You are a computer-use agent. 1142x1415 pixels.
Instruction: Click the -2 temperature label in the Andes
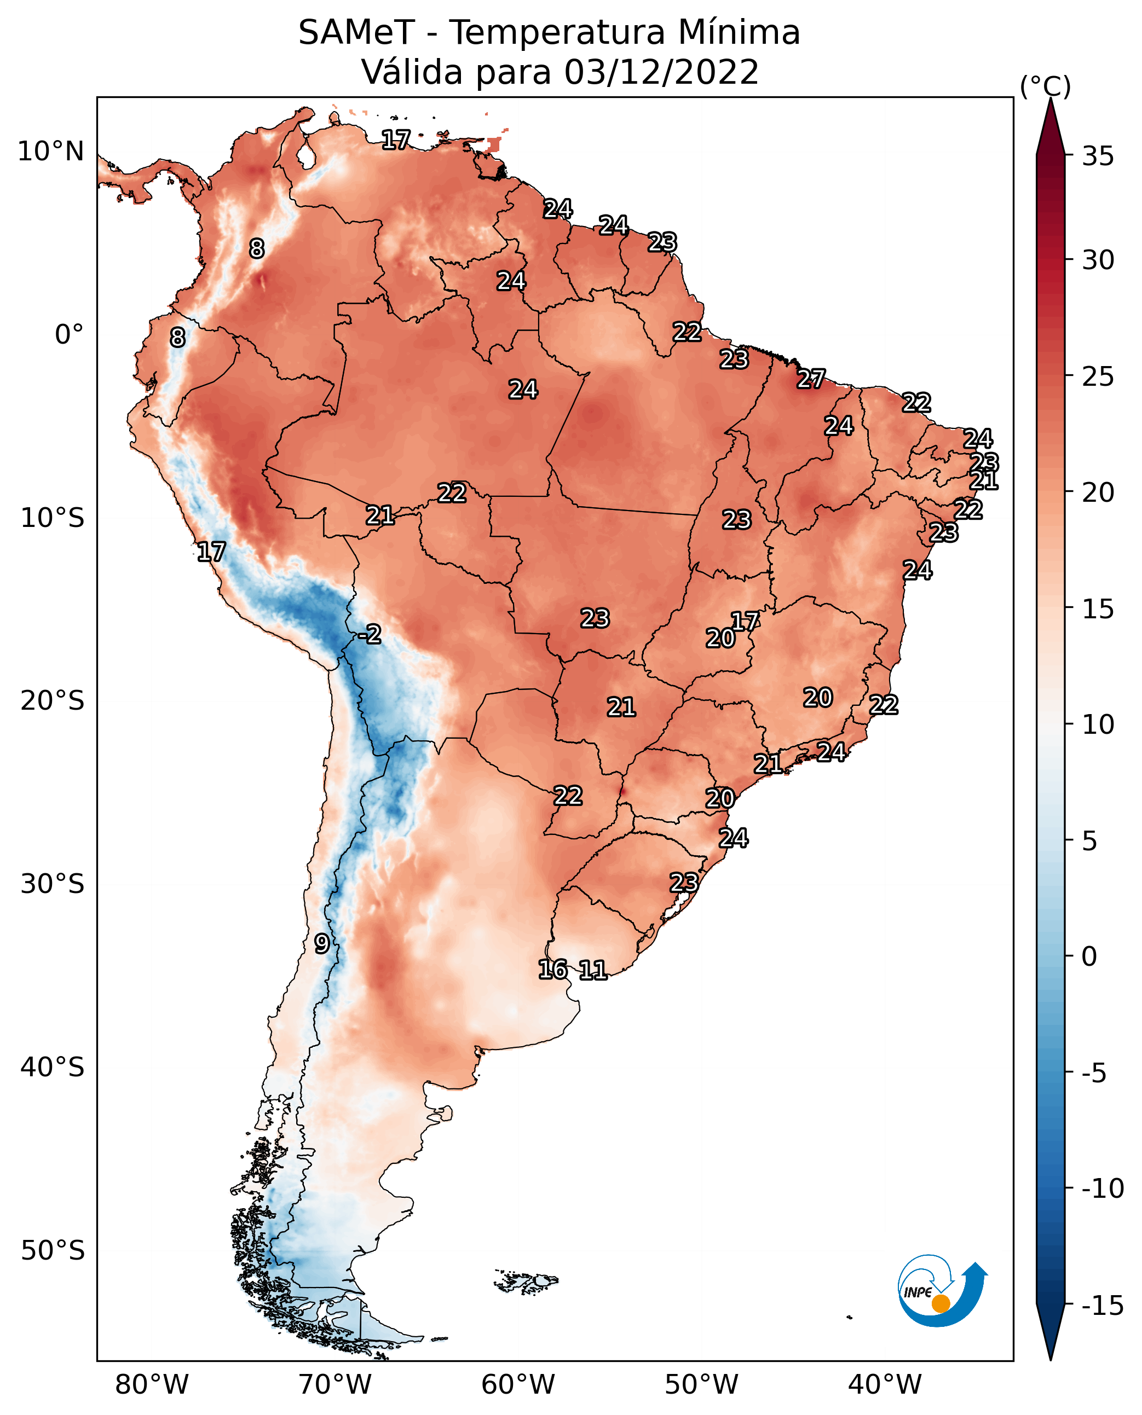[370, 635]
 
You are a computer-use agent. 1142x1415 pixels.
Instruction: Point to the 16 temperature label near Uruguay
[552, 969]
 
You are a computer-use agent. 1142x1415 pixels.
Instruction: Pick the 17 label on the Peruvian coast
[211, 552]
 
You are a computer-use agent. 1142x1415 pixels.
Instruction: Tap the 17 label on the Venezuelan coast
[396, 140]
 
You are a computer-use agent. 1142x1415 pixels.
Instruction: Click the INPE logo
[942, 1291]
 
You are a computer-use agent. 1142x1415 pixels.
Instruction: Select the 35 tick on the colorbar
[1098, 156]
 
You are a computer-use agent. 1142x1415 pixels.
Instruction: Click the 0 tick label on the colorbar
[1089, 956]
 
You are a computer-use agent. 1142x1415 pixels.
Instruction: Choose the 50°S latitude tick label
[53, 1250]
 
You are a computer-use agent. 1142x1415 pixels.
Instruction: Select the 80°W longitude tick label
[152, 1384]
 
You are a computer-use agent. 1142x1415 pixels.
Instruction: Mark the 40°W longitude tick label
[885, 1384]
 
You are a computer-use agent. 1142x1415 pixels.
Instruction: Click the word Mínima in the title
[739, 32]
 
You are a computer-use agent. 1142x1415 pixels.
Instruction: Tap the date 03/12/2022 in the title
[661, 72]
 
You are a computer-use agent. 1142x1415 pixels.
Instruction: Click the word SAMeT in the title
[356, 32]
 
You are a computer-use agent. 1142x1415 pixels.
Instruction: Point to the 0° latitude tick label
[69, 335]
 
